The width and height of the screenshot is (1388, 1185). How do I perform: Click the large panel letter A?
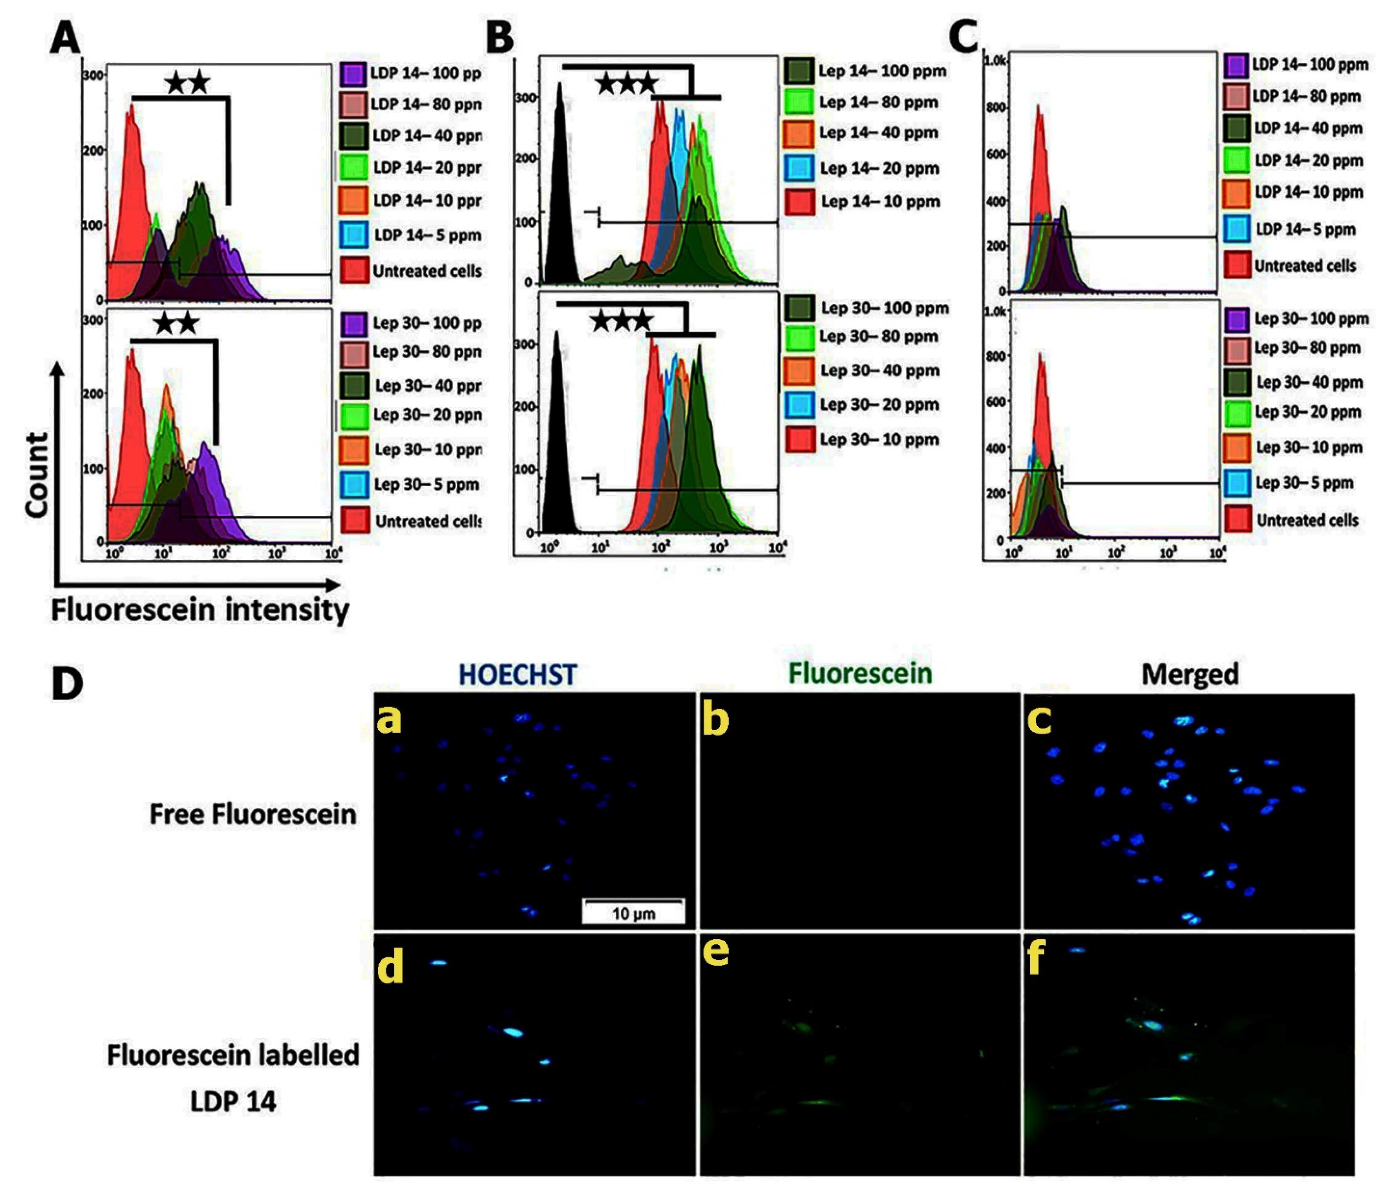pyautogui.click(x=65, y=39)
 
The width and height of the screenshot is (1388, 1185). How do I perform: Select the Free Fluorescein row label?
pyautogui.click(x=253, y=814)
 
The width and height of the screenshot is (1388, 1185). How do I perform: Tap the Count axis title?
pyautogui.click(x=37, y=474)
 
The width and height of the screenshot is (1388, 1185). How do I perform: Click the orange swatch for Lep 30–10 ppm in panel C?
pyautogui.click(x=1237, y=447)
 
